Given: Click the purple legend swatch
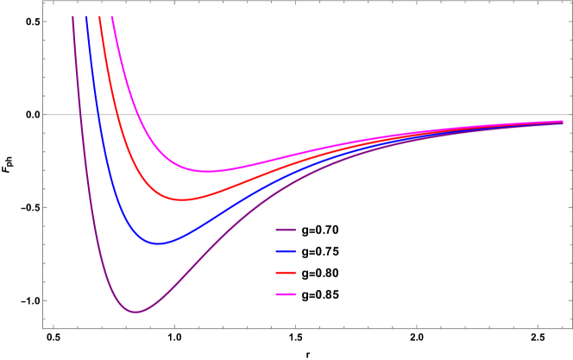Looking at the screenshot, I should (286, 230).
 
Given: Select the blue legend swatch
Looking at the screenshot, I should (286, 251).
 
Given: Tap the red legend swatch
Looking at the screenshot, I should (286, 273).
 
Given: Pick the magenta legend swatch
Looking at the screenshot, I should (286, 294).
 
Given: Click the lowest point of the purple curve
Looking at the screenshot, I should (135, 312).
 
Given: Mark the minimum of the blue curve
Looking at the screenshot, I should (157, 243).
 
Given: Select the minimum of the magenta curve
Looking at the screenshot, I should (207, 171).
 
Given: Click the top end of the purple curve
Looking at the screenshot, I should (72, 16).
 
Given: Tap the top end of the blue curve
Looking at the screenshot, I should (85, 16).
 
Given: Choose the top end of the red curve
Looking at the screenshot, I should (99, 16).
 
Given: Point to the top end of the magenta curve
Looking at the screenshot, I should (112, 16).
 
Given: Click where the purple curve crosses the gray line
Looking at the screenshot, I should (79, 115).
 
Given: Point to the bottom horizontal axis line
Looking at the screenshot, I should (345, 328).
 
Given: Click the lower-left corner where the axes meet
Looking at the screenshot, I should (42, 328).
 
